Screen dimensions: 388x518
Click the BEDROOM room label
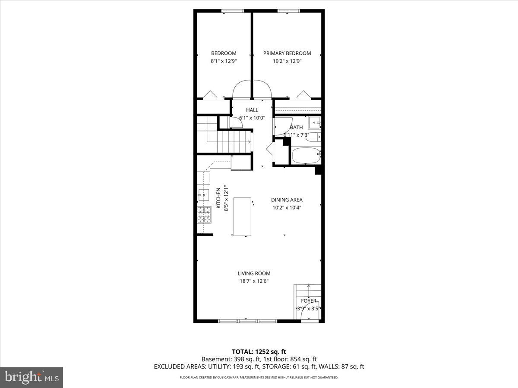click(224, 53)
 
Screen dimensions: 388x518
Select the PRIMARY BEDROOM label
click(287, 53)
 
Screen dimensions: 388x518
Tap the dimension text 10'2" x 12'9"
click(287, 61)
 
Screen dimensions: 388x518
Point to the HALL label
click(252, 110)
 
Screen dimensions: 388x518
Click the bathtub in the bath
click(306, 156)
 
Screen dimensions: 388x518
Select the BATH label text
click(296, 128)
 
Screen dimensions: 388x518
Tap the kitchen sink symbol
click(203, 195)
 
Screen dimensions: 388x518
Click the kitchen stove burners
click(203, 215)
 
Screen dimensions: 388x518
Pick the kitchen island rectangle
click(242, 216)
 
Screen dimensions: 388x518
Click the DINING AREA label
click(287, 200)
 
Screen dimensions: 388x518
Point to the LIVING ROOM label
click(254, 273)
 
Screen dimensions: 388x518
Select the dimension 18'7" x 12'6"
click(254, 281)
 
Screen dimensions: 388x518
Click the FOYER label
click(309, 301)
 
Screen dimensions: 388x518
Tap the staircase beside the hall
click(224, 136)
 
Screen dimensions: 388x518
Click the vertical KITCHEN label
click(219, 198)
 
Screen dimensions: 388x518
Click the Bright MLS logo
click(32, 378)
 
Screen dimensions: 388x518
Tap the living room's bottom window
click(247, 321)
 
